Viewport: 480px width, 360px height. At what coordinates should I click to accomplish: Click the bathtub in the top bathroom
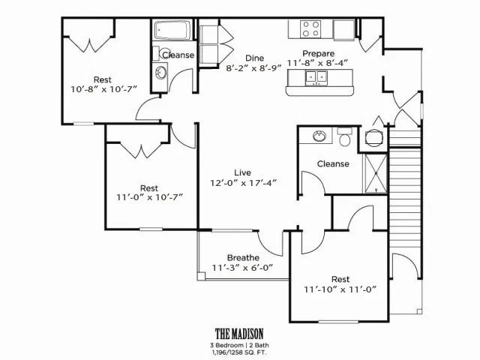click(x=172, y=30)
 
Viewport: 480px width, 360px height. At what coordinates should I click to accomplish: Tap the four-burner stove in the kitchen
click(x=310, y=28)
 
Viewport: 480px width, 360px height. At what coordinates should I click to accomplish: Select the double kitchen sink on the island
click(x=316, y=77)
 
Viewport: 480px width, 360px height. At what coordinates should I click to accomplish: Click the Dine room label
click(x=255, y=58)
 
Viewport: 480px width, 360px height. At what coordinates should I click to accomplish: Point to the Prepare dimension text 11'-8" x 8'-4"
click(x=318, y=63)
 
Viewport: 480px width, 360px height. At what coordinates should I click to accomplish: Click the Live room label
click(x=243, y=172)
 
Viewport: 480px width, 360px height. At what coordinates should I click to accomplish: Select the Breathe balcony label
click(x=243, y=258)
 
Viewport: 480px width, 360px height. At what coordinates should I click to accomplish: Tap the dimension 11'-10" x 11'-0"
click(x=340, y=289)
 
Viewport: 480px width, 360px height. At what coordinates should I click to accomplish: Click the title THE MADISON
click(x=239, y=333)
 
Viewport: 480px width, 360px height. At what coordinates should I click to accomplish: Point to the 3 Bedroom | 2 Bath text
click(x=239, y=345)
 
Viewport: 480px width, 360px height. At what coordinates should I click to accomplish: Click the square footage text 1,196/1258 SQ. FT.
click(x=239, y=352)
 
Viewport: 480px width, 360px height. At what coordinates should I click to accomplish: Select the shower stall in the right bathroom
click(x=375, y=173)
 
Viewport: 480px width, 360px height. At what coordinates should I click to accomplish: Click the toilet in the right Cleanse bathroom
click(x=345, y=137)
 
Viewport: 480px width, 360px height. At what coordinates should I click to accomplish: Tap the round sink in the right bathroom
click(x=319, y=136)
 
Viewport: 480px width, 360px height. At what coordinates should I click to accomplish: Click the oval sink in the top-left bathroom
click(x=160, y=73)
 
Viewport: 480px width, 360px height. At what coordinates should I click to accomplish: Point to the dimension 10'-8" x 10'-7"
click(x=103, y=89)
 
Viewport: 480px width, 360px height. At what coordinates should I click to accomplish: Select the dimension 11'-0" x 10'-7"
click(x=150, y=197)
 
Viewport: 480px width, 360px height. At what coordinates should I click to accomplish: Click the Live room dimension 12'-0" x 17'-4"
click(x=243, y=183)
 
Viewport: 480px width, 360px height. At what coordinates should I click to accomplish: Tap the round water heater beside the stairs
click(x=373, y=137)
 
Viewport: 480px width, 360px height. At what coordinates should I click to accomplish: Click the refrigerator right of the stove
click(x=344, y=30)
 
